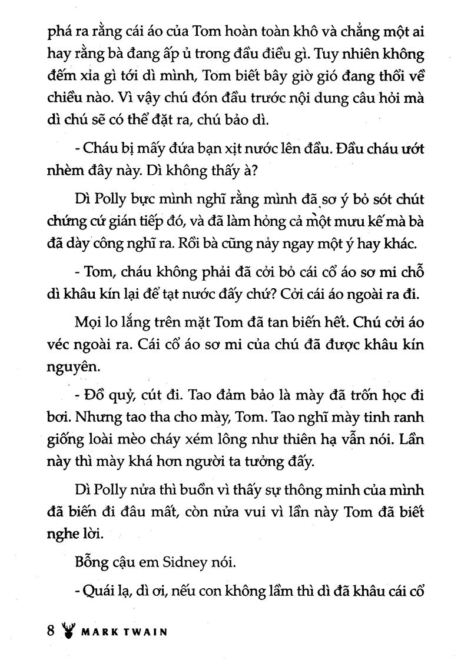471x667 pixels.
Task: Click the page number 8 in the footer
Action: tap(51, 632)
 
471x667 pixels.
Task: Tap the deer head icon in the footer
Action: tap(69, 633)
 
